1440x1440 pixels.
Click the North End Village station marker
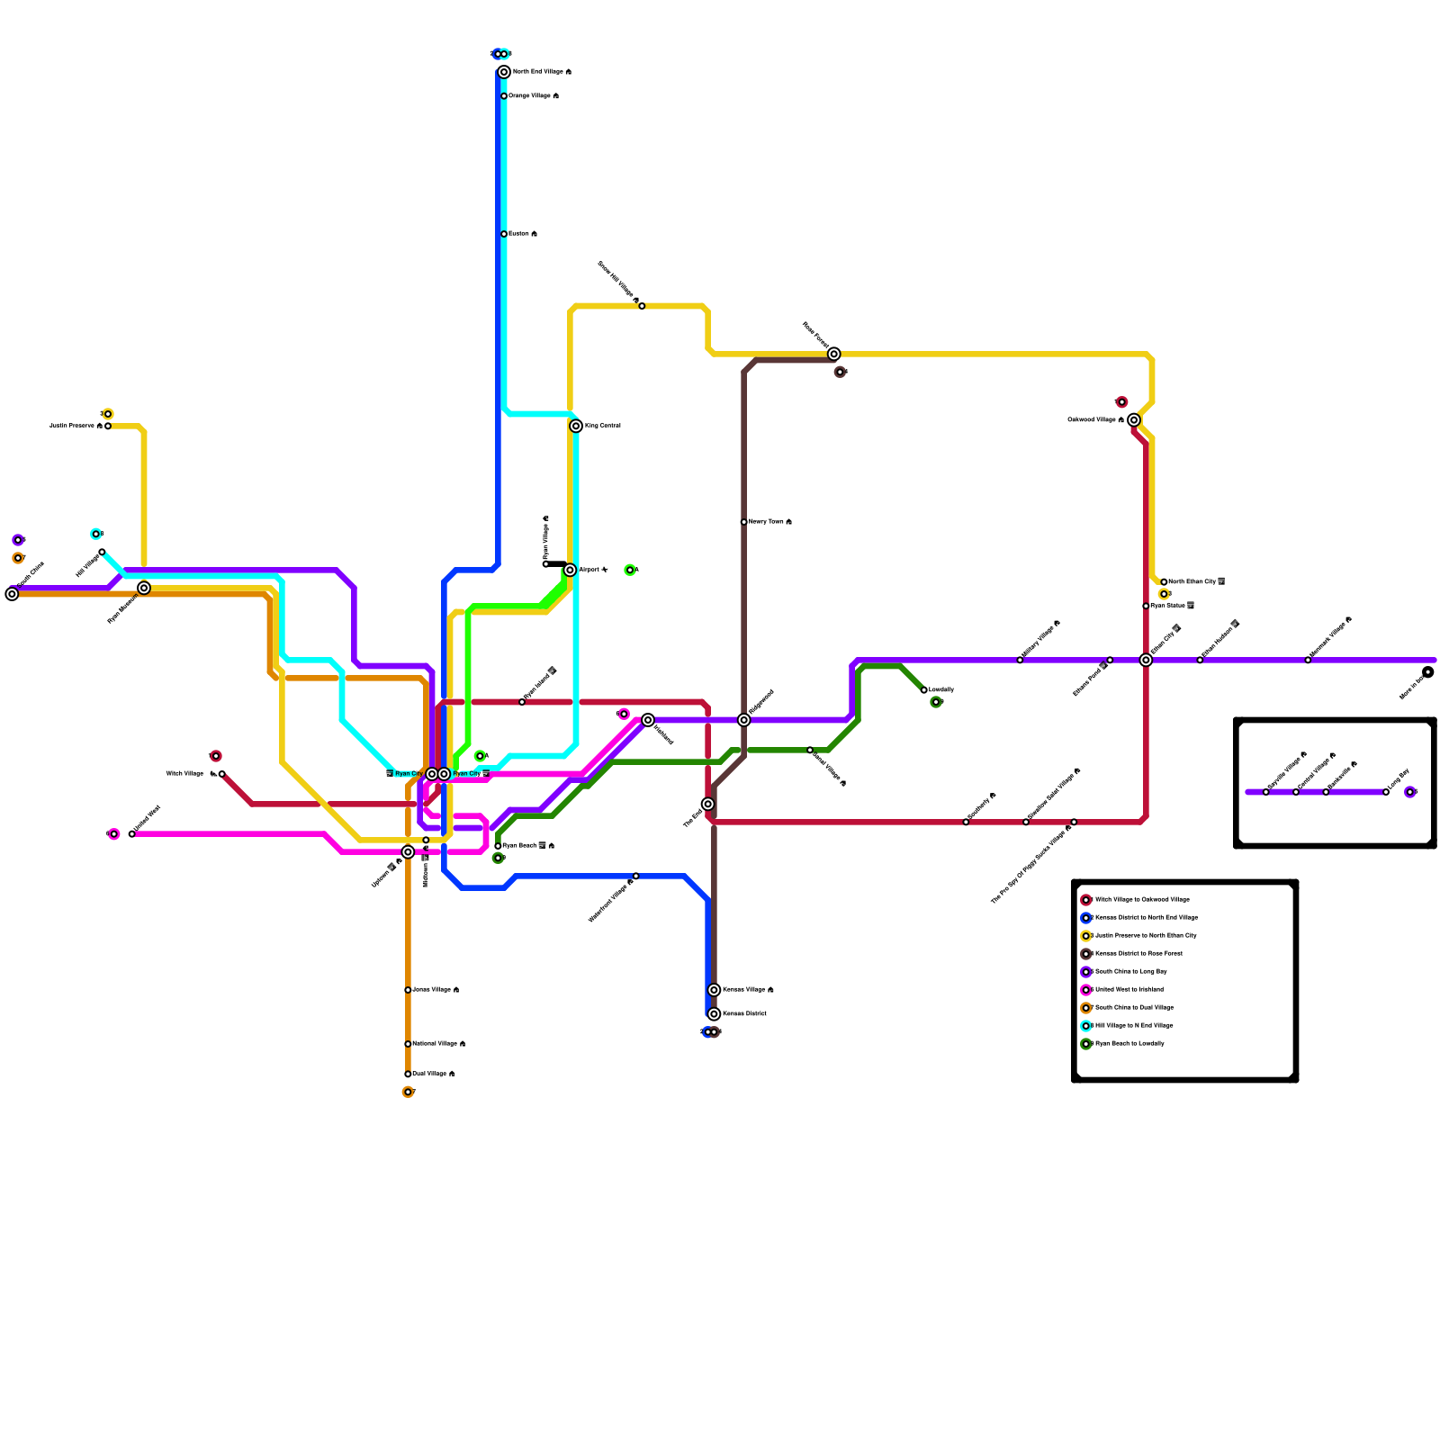click(504, 72)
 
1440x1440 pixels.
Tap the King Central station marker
click(576, 426)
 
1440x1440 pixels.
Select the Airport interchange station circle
click(570, 570)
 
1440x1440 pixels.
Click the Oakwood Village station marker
click(1134, 420)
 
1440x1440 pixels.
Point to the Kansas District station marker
click(714, 1014)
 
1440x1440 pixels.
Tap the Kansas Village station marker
click(714, 990)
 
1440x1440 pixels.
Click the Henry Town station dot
click(744, 522)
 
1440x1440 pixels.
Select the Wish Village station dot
click(221, 774)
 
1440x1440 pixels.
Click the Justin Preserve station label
click(72, 426)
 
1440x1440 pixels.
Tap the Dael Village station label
click(429, 1074)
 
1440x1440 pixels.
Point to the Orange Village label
click(529, 96)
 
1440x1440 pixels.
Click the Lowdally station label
click(941, 690)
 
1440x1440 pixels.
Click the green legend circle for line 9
click(1086, 1044)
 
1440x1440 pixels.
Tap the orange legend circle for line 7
click(1086, 1008)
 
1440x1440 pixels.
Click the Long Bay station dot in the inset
click(1386, 792)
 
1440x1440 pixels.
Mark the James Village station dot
click(408, 990)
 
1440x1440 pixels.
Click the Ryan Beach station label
click(519, 846)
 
